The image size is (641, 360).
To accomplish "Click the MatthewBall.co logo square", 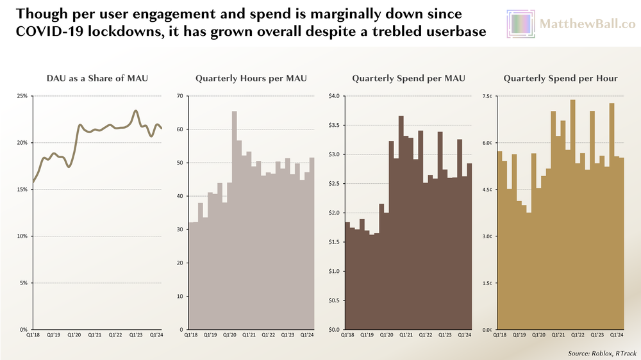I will point(521,24).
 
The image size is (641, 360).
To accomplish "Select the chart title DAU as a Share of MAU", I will point(97,78).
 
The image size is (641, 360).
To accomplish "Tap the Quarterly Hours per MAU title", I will point(251,78).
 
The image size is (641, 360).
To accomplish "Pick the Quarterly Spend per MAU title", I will point(408,78).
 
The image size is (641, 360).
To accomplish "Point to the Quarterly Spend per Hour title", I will point(560,78).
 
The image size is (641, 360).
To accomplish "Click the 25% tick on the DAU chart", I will point(22,96).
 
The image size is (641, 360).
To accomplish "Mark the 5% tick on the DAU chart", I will point(23,282).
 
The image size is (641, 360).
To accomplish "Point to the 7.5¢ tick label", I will point(487,96).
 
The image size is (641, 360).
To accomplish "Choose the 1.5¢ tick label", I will point(487,282).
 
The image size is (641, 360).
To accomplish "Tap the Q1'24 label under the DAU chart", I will point(156,334).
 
